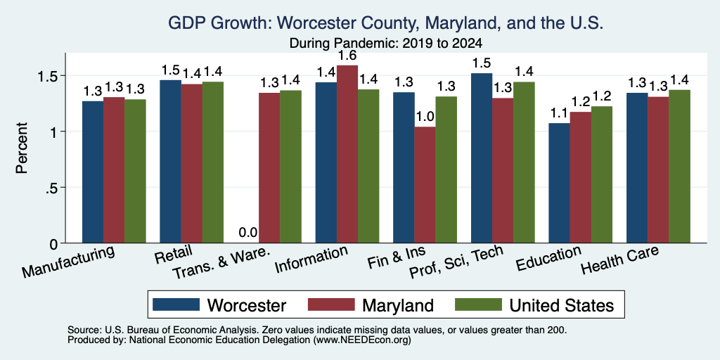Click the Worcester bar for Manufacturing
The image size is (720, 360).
pos(93,172)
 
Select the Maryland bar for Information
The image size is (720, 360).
pos(347,154)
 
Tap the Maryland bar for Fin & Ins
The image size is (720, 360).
pos(425,185)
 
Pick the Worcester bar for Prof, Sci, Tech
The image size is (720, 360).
pos(481,158)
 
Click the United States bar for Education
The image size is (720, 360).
pos(602,174)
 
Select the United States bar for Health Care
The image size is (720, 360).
pos(679,166)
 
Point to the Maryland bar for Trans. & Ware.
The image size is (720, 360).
pos(269,168)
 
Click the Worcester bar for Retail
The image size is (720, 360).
pos(170,162)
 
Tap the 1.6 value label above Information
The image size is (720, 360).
pos(347,56)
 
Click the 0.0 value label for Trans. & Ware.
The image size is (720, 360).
pos(248,233)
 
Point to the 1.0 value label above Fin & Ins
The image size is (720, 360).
pos(425,117)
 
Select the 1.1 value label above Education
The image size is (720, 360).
pos(559,113)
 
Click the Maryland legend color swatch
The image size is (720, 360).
pos(331,304)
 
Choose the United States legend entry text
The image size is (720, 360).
pos(562,305)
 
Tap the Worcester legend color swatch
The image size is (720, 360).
pos(176,304)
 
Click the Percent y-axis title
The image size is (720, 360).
pos(22,148)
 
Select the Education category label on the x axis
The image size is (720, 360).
pos(548,258)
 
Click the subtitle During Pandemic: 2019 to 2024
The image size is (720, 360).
pos(386,44)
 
